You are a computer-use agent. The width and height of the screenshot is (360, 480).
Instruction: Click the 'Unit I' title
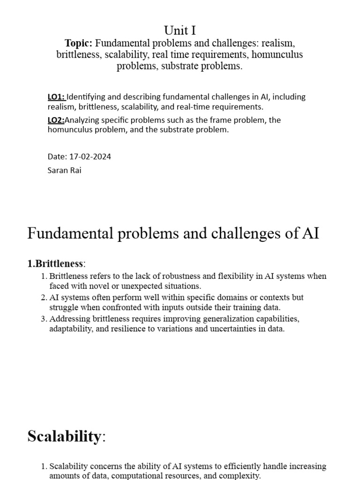pos(180,30)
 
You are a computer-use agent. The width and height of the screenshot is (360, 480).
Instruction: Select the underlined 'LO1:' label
pos(56,97)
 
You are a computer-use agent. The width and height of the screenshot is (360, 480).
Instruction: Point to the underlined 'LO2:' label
pos(56,120)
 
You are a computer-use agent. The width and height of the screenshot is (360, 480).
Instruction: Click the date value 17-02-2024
pos(90,157)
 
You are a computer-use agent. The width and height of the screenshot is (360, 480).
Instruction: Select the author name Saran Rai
pos(64,170)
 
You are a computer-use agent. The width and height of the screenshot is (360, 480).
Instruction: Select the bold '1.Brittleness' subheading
pos(55,264)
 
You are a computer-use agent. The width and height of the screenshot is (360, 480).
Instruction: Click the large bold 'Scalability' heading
pos(64,436)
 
